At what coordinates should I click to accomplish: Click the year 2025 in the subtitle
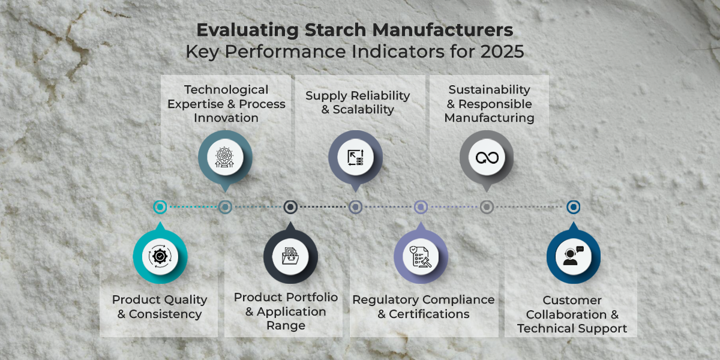(x=502, y=52)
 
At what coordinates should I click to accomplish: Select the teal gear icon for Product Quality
(x=160, y=256)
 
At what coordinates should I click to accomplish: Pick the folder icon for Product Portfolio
(x=290, y=256)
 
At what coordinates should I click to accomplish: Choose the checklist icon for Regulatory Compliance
(x=421, y=256)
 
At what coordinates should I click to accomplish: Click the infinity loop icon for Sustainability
(x=487, y=157)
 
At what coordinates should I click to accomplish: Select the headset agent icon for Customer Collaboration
(x=573, y=256)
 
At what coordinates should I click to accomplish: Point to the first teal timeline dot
(x=160, y=207)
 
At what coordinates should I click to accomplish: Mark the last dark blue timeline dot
(x=574, y=207)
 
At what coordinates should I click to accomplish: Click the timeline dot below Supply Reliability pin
(x=355, y=207)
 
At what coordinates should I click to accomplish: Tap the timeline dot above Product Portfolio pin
(x=290, y=207)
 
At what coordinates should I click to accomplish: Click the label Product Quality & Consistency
(x=160, y=307)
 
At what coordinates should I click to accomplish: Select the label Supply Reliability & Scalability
(x=358, y=103)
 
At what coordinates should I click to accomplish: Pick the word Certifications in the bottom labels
(x=429, y=314)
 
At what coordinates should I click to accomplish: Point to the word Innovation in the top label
(x=226, y=118)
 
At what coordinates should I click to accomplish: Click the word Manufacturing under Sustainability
(x=490, y=118)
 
